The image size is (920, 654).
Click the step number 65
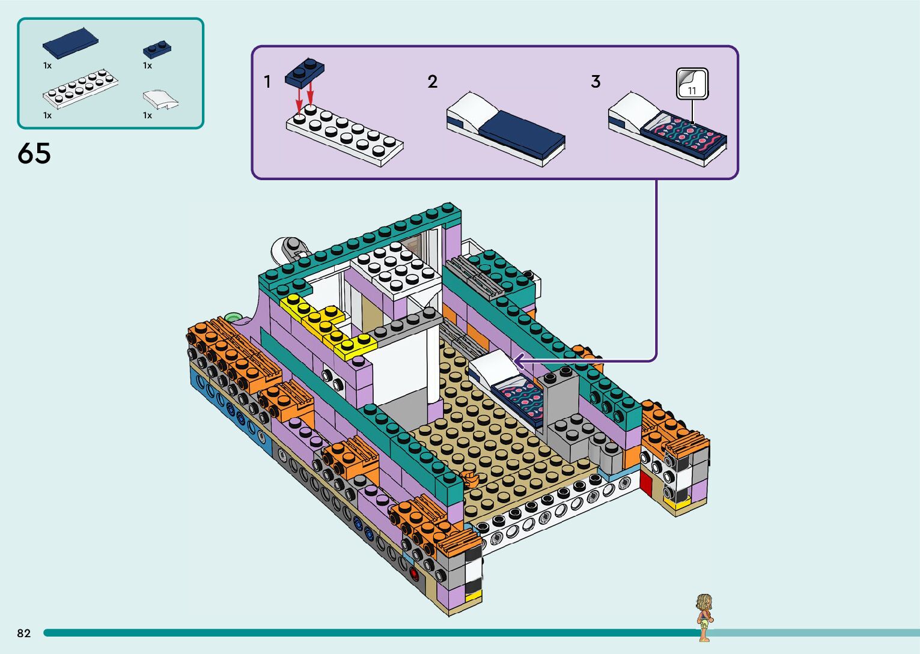(34, 154)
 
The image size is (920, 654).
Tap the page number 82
(24, 633)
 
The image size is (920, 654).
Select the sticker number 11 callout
(692, 83)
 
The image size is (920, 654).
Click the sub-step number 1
(267, 82)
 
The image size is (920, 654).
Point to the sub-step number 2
(433, 82)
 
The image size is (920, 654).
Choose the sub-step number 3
(596, 82)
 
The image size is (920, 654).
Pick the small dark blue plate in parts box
(157, 49)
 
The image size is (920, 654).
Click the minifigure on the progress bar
(703, 617)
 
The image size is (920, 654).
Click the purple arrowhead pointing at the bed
(519, 361)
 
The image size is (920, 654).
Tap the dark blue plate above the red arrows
(305, 71)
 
